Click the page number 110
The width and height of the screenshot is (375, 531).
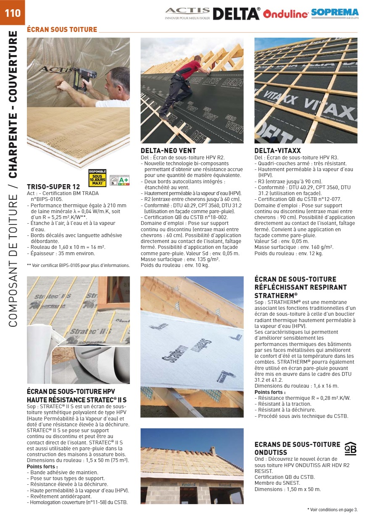click(13, 13)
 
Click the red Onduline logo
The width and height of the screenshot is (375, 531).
click(286, 14)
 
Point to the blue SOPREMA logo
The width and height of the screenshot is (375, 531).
click(335, 13)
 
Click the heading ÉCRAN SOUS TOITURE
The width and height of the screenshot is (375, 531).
click(62, 29)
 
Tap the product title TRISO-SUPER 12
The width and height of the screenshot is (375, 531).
click(53, 187)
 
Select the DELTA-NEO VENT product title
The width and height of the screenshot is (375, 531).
click(168, 151)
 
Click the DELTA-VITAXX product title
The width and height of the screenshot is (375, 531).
click(277, 151)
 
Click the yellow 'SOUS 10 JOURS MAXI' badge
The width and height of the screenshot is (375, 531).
click(98, 177)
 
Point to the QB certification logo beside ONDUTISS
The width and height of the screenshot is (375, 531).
click(350, 449)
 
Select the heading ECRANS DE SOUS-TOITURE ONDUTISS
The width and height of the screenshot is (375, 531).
click(297, 448)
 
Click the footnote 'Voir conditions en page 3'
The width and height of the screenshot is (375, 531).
click(333, 510)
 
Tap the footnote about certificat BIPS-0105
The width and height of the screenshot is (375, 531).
click(79, 265)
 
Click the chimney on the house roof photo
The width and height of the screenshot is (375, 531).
click(213, 450)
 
